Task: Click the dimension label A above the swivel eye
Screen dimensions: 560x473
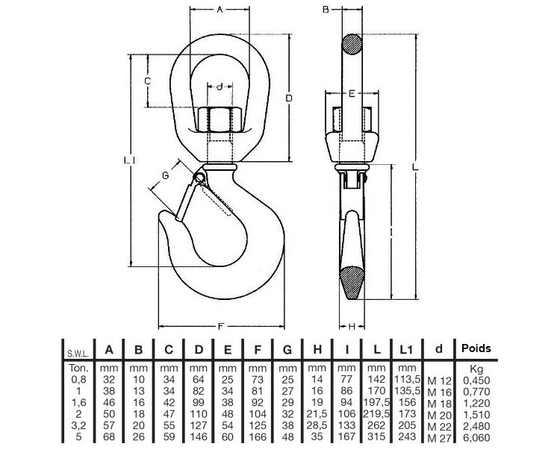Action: (220, 10)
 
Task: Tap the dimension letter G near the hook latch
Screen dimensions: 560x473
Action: (165, 175)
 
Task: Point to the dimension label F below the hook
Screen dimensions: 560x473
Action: (221, 326)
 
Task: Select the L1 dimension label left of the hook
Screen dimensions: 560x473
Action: (129, 160)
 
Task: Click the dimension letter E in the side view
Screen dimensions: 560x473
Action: (352, 94)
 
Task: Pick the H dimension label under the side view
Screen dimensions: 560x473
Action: (352, 326)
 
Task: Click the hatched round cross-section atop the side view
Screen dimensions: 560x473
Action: (352, 44)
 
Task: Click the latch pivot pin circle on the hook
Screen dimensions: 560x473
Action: (199, 178)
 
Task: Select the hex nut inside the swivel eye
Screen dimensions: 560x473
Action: (220, 119)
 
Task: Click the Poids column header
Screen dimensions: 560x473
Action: (476, 348)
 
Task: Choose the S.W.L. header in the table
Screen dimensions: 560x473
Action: (78, 354)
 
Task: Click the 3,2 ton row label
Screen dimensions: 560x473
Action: (78, 425)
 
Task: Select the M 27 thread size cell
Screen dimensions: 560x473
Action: (440, 439)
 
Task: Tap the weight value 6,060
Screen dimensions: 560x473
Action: (476, 438)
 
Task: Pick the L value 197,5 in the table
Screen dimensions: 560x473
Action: (376, 403)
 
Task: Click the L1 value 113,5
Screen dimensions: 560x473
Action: (407, 379)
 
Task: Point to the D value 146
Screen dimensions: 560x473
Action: (198, 437)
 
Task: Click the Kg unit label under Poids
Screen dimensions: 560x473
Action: (476, 369)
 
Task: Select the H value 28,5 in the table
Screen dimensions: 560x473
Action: (317, 425)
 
